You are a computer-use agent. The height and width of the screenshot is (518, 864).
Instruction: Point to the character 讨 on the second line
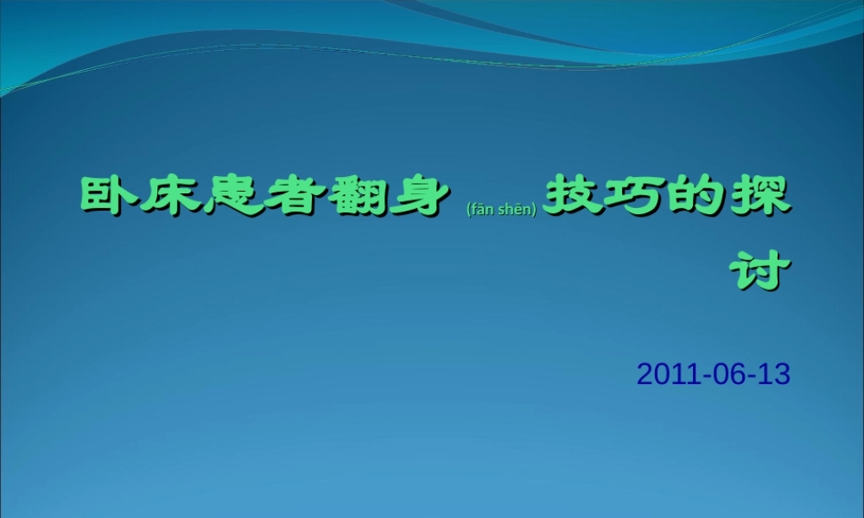pos(760,272)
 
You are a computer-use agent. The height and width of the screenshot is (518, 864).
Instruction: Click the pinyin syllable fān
pos(482,208)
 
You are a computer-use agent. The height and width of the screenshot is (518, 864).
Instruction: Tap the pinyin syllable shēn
pos(515,208)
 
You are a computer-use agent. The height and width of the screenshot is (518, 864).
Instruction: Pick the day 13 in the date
pos(774,374)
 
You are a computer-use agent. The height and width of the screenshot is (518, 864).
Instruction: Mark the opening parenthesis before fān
pos(467,208)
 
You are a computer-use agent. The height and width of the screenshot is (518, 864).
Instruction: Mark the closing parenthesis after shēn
pos(536,208)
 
